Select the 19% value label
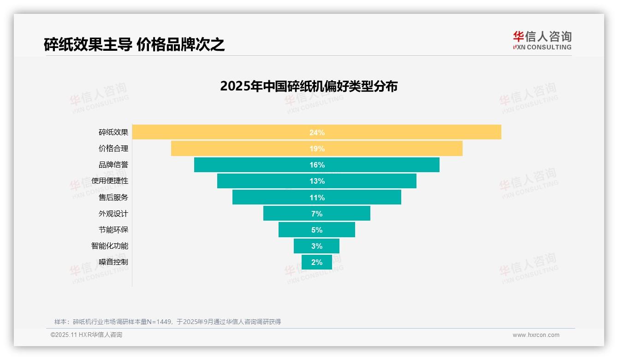(x=317, y=149)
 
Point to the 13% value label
(x=317, y=181)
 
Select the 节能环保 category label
(x=113, y=229)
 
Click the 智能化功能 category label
(x=109, y=246)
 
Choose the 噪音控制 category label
(x=113, y=262)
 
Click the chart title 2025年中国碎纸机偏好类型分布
(x=309, y=86)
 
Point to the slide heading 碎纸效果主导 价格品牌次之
(x=134, y=44)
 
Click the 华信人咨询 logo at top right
(x=542, y=40)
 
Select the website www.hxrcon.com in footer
(x=535, y=335)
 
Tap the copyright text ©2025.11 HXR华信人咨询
(x=86, y=335)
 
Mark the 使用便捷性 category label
(x=109, y=181)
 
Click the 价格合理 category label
(x=113, y=149)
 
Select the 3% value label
(x=317, y=246)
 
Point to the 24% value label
(x=317, y=132)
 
